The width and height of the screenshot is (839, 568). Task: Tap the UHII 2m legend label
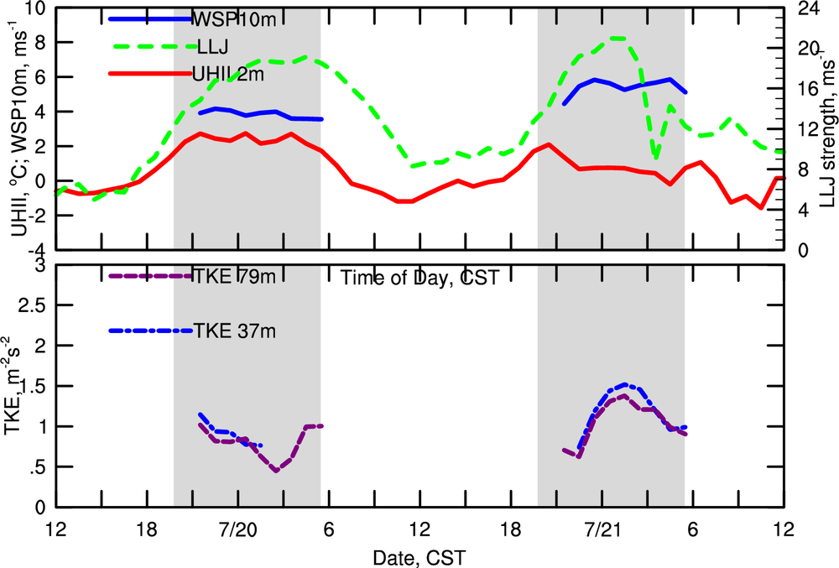click(228, 75)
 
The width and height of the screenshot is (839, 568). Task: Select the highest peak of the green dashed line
click(618, 38)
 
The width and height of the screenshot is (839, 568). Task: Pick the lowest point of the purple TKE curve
click(276, 471)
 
